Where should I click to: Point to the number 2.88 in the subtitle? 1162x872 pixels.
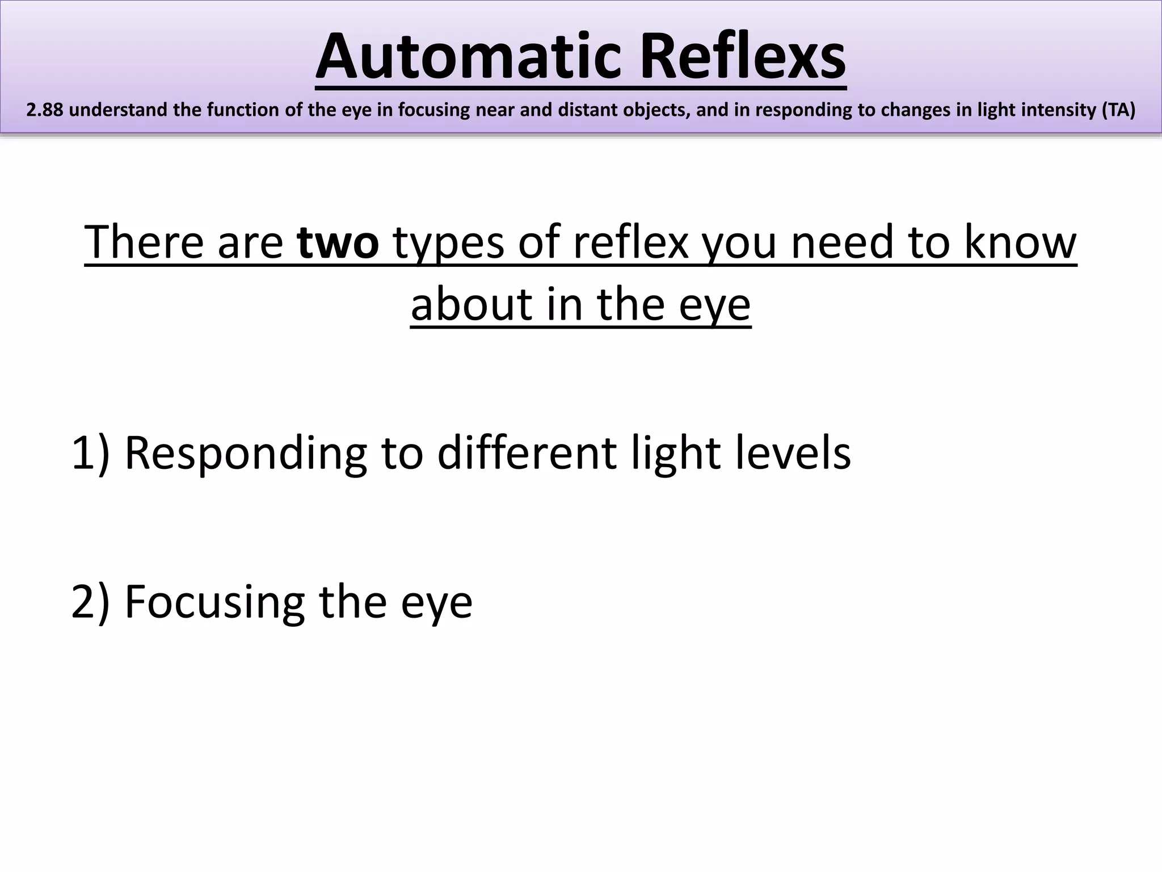tap(45, 110)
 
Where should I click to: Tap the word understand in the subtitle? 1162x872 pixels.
tap(119, 110)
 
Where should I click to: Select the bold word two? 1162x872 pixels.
tap(338, 242)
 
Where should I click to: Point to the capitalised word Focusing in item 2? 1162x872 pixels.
tap(214, 603)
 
